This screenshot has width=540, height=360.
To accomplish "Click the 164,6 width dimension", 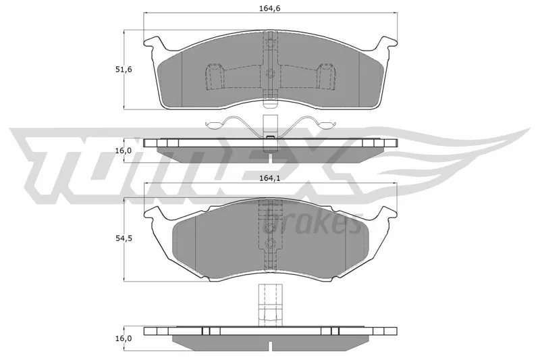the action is pos(270,8).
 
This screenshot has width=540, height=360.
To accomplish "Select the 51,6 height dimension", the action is pos(124,70).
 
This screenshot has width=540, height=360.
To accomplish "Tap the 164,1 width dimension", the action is pos(270,178).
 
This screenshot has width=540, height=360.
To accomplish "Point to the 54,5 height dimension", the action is pos(124,238).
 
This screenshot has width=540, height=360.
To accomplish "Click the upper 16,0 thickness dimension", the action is pos(124,151).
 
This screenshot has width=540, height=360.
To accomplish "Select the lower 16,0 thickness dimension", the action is pos(124,338).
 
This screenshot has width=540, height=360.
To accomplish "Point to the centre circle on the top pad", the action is pos(271,74).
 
